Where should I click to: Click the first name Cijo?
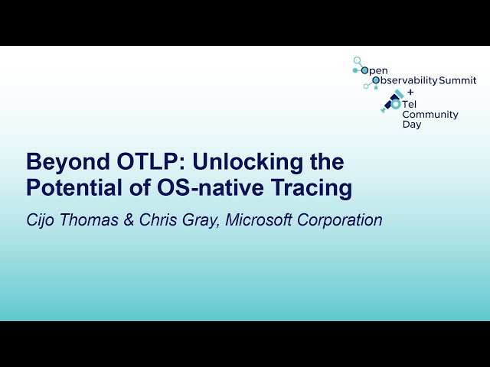(x=42, y=220)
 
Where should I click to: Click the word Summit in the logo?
(x=457, y=80)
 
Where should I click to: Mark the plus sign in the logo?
(x=410, y=91)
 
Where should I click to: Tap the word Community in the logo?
(x=430, y=115)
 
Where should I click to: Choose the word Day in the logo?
(x=411, y=125)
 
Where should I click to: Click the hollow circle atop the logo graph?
(x=357, y=59)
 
